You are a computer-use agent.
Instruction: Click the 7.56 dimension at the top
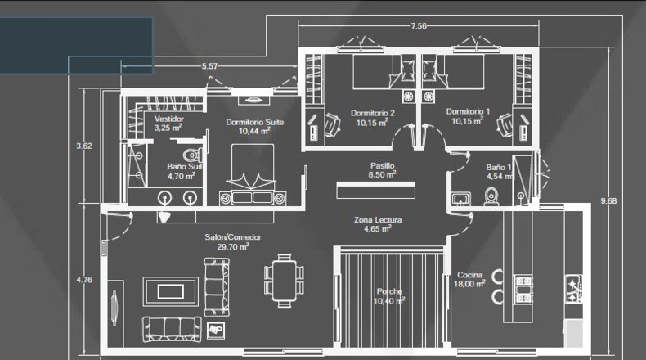418,26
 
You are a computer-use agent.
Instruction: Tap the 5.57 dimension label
209,66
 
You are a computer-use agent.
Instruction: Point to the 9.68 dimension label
608,200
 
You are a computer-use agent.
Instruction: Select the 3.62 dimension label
84,146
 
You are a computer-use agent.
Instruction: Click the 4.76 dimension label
84,280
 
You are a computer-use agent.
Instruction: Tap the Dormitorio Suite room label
254,122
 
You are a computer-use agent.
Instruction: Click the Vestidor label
169,119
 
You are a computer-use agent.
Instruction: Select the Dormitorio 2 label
372,113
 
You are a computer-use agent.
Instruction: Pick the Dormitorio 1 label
468,111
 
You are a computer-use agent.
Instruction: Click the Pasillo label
383,165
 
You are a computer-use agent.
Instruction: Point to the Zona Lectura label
378,220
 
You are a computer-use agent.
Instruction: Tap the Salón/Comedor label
233,237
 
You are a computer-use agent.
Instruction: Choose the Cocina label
469,275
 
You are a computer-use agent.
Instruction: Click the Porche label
389,291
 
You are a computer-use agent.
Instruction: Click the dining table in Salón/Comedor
284,281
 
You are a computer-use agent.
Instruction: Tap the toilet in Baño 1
491,196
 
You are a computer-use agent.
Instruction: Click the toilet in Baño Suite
193,155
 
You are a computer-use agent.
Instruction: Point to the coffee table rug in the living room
171,291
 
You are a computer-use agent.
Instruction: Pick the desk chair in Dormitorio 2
332,124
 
